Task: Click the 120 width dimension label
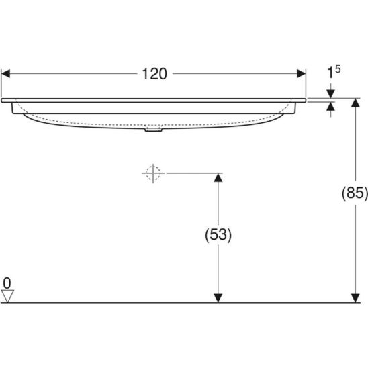point(154,74)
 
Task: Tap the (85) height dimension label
point(355,193)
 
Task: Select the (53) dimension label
point(218,234)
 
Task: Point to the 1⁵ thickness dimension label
point(334,72)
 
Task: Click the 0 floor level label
point(7,283)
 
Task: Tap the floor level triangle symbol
point(7,296)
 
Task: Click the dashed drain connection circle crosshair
point(153,173)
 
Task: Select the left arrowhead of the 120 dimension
point(5,73)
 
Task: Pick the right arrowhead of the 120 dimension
point(302,73)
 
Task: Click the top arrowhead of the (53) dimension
point(218,177)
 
